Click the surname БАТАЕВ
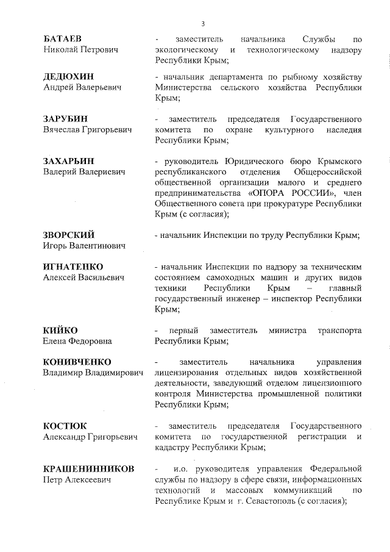point(62,39)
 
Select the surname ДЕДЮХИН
point(68,77)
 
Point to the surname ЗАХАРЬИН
point(69,161)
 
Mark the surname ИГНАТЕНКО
point(73,267)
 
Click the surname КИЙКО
point(60,330)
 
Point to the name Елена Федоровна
point(77,341)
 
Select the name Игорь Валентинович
point(83,246)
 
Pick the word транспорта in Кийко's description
point(339,330)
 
